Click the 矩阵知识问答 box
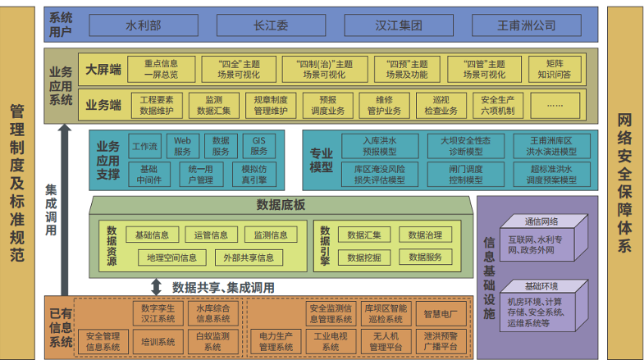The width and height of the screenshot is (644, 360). (x=554, y=69)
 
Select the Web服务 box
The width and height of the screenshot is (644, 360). (x=182, y=147)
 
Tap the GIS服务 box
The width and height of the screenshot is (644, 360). (x=259, y=147)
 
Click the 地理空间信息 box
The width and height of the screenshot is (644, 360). (x=171, y=257)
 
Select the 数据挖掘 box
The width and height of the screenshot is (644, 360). (x=363, y=257)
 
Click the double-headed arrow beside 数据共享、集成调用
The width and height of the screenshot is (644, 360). (x=157, y=286)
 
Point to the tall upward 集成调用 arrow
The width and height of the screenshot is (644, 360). (x=64, y=205)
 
